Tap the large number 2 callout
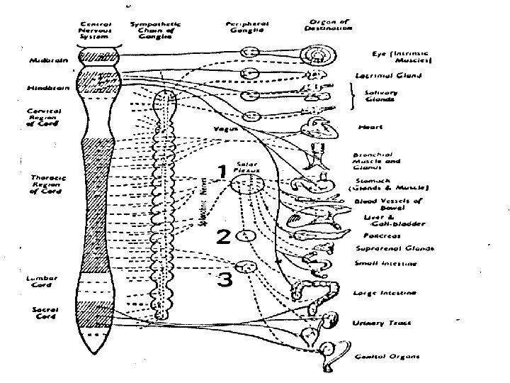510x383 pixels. [x=222, y=236]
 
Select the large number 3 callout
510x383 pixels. [x=224, y=279]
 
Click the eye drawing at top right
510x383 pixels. [x=312, y=53]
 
